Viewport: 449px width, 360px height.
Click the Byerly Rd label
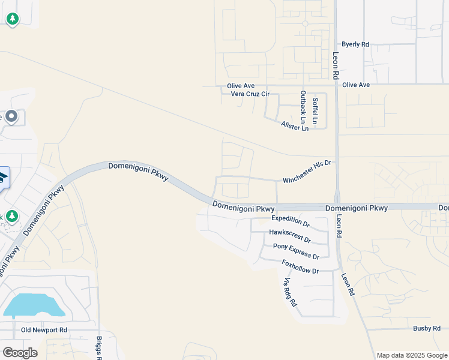pos(355,44)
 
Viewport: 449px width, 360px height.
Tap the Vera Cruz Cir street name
pos(250,94)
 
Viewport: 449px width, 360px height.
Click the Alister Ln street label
pos(294,126)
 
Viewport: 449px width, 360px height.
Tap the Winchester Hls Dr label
pos(307,171)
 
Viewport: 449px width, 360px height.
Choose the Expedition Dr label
pos(291,221)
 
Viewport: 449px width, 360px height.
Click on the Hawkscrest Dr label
pos(290,235)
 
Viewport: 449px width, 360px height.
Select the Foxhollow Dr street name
pos(300,266)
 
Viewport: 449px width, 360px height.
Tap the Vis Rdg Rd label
pos(290,293)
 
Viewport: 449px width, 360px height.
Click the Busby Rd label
pos(427,328)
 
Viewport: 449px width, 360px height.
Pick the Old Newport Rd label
pos(44,330)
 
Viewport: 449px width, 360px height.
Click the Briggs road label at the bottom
pos(100,347)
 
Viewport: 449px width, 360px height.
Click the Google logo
pos(19,352)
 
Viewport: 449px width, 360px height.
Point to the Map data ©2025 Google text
pos(412,355)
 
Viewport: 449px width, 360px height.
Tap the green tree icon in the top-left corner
pos(12,19)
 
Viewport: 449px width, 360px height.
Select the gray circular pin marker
pos(11,116)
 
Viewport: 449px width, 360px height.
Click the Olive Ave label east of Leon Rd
pos(356,85)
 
